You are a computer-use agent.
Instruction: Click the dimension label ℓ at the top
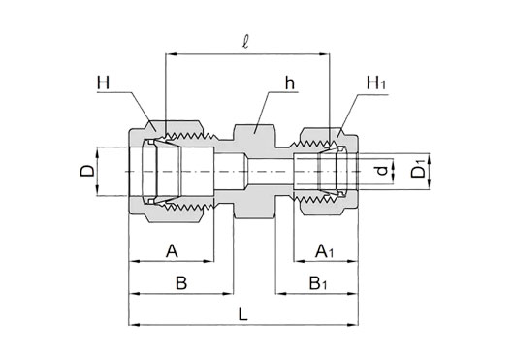click(245, 42)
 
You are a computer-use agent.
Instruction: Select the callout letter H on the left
click(103, 82)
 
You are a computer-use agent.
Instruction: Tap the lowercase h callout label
click(290, 82)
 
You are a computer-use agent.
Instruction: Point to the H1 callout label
click(376, 82)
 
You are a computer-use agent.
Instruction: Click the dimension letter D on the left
click(87, 171)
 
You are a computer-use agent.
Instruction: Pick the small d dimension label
click(382, 171)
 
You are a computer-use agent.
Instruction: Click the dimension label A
click(172, 251)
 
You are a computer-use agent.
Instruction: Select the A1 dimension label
click(324, 251)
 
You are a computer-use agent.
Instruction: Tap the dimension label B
click(181, 283)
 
